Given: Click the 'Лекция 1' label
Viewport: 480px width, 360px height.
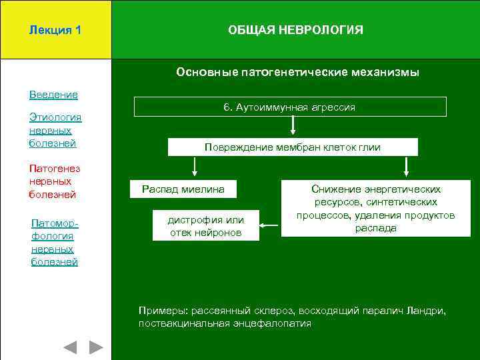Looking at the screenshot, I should point(55,30).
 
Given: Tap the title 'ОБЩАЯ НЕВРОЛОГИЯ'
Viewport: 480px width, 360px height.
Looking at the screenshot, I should point(295,30).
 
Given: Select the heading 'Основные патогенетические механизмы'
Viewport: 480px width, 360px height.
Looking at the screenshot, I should point(297,72).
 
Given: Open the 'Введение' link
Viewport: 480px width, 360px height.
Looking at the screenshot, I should point(53,95).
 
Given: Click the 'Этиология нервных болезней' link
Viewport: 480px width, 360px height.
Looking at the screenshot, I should point(55,130).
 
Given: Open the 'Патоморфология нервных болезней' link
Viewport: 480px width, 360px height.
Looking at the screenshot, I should point(55,242).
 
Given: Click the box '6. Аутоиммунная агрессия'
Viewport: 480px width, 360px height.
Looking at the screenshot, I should point(290,107).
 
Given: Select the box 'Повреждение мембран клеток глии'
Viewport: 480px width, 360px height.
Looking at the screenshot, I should point(292,147).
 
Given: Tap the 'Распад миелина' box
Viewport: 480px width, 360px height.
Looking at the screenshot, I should point(183,190).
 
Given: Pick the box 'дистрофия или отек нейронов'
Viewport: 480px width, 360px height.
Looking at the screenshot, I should point(205,226).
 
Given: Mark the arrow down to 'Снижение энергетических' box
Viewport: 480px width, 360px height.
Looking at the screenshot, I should point(405,167).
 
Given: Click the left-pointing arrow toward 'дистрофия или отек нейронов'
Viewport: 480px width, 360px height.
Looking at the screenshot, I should point(269,226).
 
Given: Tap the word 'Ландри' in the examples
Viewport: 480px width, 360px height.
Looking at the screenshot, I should point(427,311).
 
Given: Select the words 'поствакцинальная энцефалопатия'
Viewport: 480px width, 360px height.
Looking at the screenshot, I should point(225,323).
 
